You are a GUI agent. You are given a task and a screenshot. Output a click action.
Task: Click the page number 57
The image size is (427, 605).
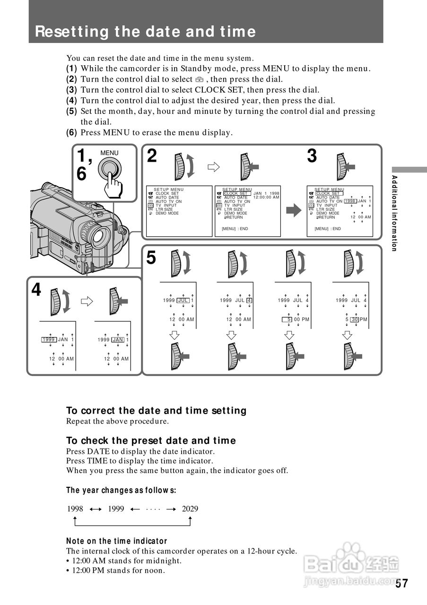pos(401,583)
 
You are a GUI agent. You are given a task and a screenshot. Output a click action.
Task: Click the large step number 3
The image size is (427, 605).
pos(312,156)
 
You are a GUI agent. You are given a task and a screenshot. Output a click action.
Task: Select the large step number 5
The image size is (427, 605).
pos(151,258)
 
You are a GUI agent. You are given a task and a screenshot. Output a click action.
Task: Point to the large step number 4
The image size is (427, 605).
pos(36,289)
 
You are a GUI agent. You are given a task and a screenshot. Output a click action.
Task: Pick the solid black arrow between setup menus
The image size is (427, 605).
pos(294,210)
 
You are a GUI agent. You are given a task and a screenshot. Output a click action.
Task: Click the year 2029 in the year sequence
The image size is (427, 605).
pos(190,509)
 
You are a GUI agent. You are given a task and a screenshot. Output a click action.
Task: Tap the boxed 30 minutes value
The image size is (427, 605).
pos(354,320)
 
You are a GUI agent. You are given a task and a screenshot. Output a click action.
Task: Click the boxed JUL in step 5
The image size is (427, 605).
pos(183,300)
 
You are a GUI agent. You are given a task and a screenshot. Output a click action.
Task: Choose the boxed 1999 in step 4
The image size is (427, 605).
pos(49,339)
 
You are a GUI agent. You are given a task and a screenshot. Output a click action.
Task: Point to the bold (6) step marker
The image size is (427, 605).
pos(71,133)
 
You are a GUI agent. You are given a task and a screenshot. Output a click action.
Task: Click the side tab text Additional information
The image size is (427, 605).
pos(394,213)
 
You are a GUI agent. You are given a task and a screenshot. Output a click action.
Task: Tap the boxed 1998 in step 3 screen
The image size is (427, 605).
pos(350,201)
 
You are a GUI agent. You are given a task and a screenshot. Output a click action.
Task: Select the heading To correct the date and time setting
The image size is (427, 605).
pos(156,410)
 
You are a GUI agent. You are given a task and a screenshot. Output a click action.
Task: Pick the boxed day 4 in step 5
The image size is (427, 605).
pos(249,300)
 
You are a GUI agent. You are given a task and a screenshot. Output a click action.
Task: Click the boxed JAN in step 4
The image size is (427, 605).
pos(118,339)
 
